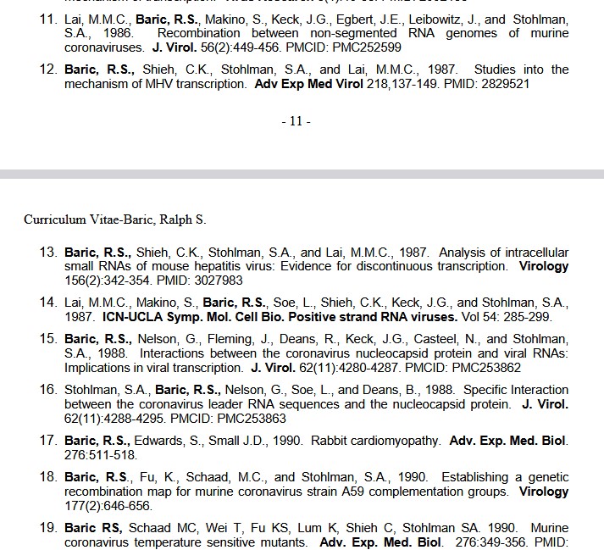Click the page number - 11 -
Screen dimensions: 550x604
pos(296,121)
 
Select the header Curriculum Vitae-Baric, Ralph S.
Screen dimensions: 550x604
pos(114,219)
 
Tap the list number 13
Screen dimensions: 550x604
pos(48,253)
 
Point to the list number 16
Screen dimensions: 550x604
pos(48,390)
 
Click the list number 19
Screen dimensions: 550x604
pos(48,527)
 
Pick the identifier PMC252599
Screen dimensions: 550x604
pos(369,47)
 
